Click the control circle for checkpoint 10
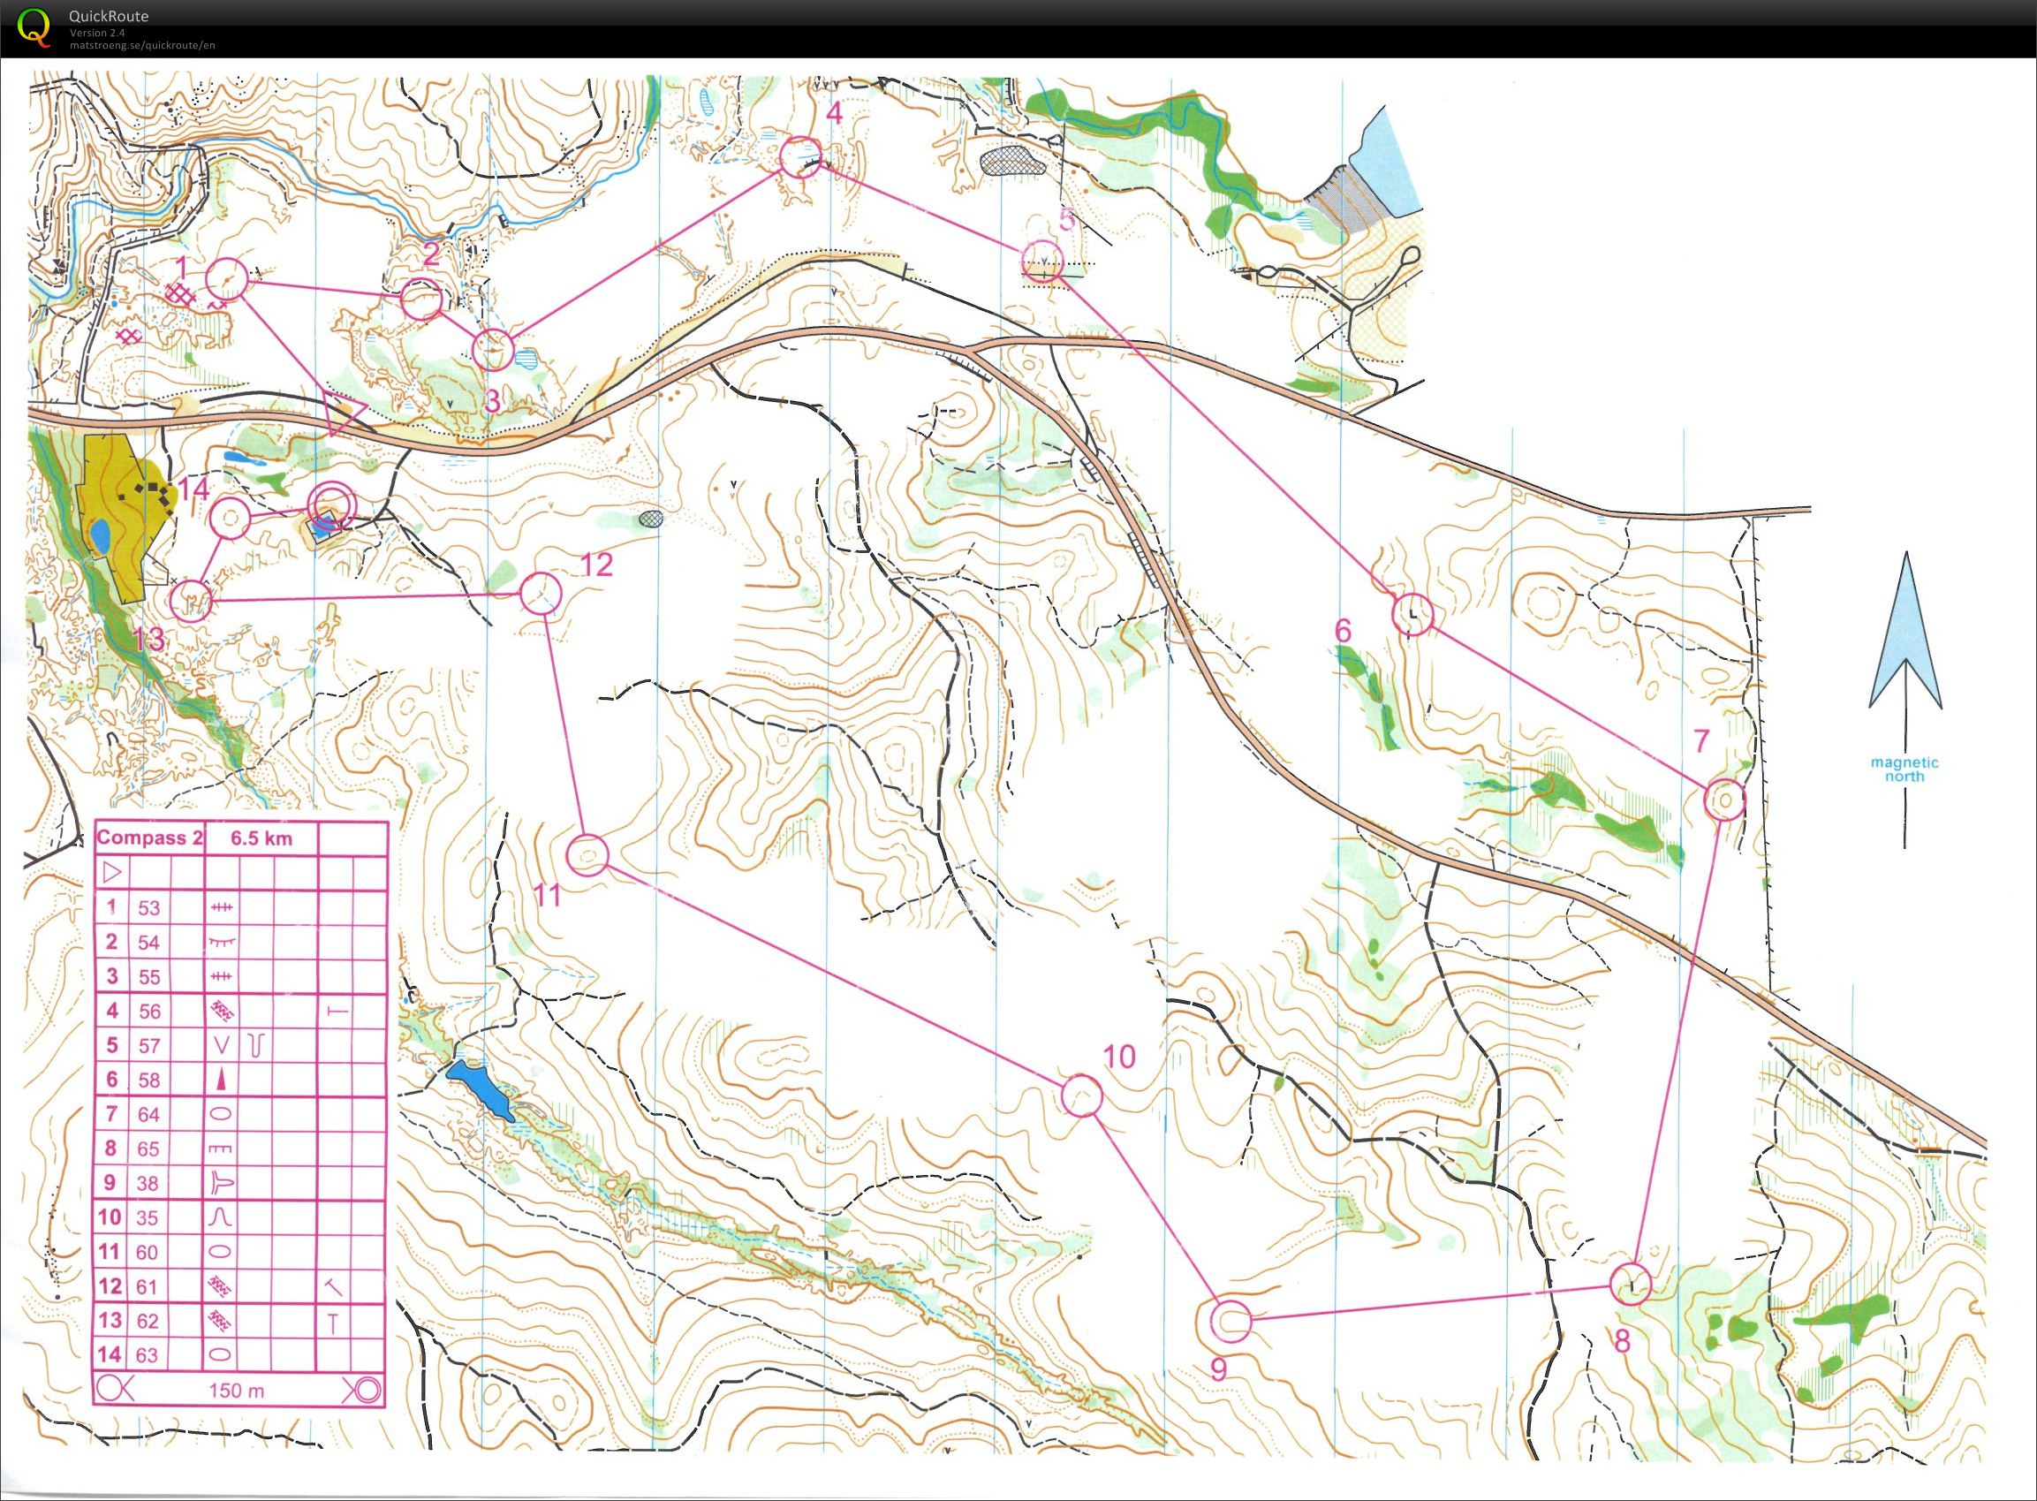[x=1081, y=1095]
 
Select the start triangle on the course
[x=342, y=413]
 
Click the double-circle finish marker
[x=329, y=506]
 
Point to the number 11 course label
[x=548, y=896]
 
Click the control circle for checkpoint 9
[x=1231, y=1321]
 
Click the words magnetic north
[x=1904, y=769]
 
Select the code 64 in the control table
[x=148, y=1114]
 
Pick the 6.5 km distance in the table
[x=261, y=838]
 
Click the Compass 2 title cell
[x=149, y=838]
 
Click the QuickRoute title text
[x=108, y=15]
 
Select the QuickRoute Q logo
[x=34, y=24]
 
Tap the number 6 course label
[x=1344, y=630]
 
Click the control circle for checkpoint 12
[x=541, y=594]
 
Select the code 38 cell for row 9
[x=148, y=1183]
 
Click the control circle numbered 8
[x=1630, y=1285]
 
